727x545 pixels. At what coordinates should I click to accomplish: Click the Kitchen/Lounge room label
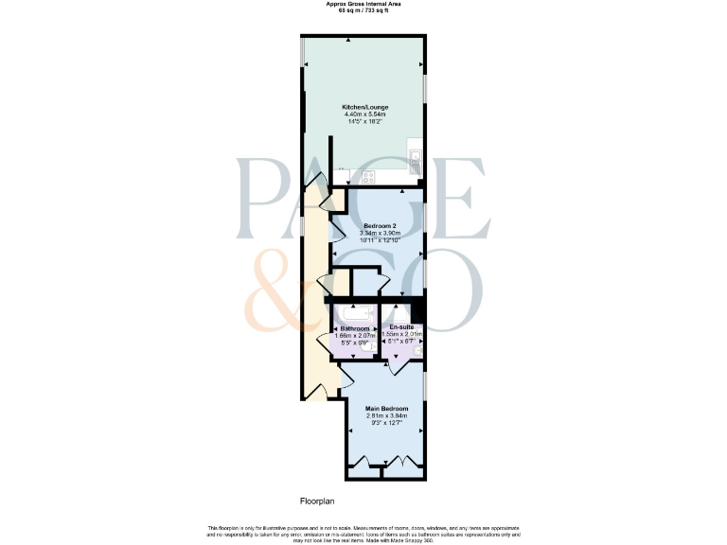coord(364,107)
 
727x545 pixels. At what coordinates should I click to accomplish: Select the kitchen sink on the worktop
coord(415,154)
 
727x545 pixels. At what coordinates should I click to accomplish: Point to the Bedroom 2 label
coord(379,226)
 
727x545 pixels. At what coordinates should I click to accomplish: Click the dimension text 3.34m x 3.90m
coord(379,234)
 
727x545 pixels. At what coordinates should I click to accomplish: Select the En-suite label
coord(402,326)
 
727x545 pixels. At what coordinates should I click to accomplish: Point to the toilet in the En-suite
coord(417,348)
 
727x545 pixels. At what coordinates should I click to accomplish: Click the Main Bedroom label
coord(386,408)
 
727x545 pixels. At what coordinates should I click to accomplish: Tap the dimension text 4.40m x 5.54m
coord(364,114)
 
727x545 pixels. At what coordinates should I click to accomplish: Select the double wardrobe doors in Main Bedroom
coord(398,464)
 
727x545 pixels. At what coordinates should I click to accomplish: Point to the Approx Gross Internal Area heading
coord(363,4)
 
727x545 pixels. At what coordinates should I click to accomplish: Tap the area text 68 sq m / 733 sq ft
coord(363,10)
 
